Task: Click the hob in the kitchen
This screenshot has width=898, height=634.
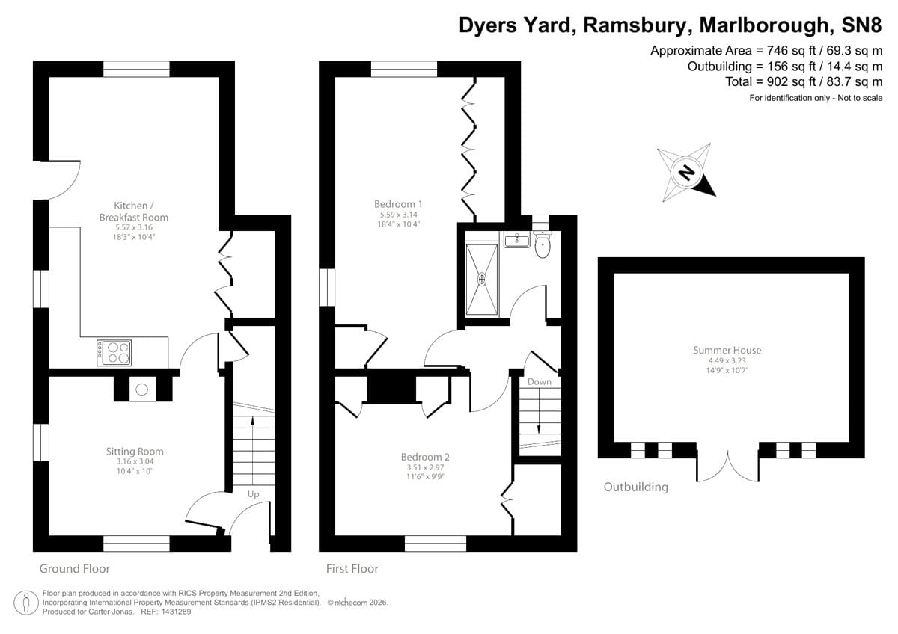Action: tap(114, 352)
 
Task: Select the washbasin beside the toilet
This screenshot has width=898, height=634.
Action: tap(516, 240)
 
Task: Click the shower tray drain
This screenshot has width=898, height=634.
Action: tap(482, 279)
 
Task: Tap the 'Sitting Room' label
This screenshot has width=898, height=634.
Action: tap(135, 451)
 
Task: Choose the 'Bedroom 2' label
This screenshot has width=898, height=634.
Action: tap(425, 457)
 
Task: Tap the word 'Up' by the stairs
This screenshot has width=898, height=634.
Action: tap(254, 494)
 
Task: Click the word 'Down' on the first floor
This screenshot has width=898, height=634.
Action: tap(539, 381)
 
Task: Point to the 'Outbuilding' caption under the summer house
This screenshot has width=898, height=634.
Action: tap(635, 487)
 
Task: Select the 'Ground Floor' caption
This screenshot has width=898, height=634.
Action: tap(74, 569)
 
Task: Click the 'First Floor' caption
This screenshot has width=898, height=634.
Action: tap(352, 569)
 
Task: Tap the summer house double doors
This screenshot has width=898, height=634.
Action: tap(727, 467)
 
